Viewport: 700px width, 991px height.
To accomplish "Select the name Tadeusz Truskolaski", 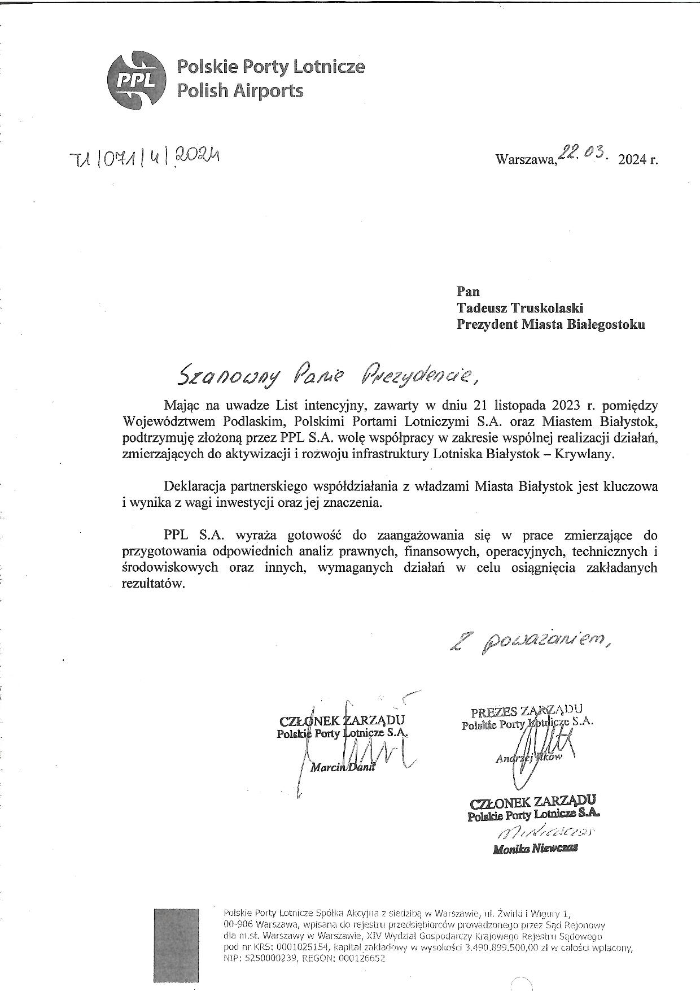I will coord(520,308).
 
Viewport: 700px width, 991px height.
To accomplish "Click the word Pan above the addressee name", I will coord(468,292).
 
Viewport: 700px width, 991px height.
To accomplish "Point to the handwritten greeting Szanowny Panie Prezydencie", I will coord(331,375).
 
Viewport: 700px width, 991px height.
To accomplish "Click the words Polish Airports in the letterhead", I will coord(240,90).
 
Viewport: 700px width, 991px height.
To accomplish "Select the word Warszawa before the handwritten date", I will coord(525,160).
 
